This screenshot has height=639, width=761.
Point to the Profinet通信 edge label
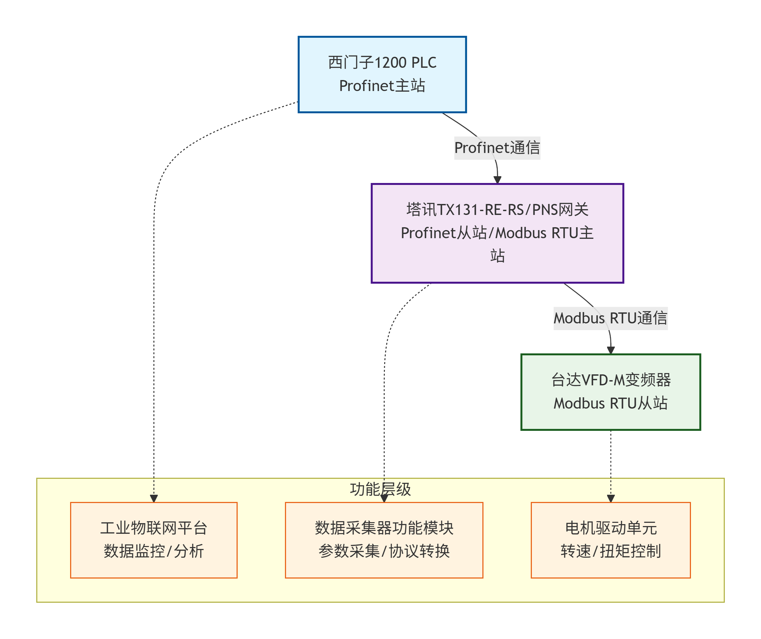pos(497,148)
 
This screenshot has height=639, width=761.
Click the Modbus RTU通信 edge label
pos(610,318)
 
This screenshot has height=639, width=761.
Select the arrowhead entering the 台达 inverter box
pos(611,350)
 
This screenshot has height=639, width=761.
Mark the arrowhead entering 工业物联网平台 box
pos(154,499)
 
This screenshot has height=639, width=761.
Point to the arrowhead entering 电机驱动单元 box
pos(611,499)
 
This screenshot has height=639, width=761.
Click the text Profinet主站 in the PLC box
pos(382,86)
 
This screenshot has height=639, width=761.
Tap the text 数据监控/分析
pos(154,551)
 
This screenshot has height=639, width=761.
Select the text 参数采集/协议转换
pos(384,551)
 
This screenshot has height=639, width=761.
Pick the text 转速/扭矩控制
pos(611,551)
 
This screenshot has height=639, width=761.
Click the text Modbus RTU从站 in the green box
pos(611,403)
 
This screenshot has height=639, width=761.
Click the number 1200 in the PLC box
pos(390,63)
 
